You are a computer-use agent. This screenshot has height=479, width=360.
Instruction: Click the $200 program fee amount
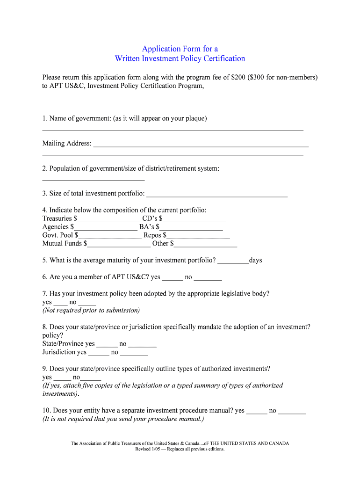[240, 77]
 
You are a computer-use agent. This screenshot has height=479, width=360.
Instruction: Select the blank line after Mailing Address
[201, 145]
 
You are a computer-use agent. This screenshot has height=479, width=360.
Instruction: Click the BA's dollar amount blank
[191, 227]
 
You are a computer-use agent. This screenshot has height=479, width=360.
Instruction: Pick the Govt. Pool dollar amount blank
[110, 236]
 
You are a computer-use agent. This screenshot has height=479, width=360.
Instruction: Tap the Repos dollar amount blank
[198, 236]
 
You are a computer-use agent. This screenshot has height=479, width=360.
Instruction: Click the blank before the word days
[233, 261]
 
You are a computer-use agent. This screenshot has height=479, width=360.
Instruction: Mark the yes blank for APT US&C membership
[173, 278]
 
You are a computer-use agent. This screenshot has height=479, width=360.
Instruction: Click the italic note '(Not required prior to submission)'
[91, 311]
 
